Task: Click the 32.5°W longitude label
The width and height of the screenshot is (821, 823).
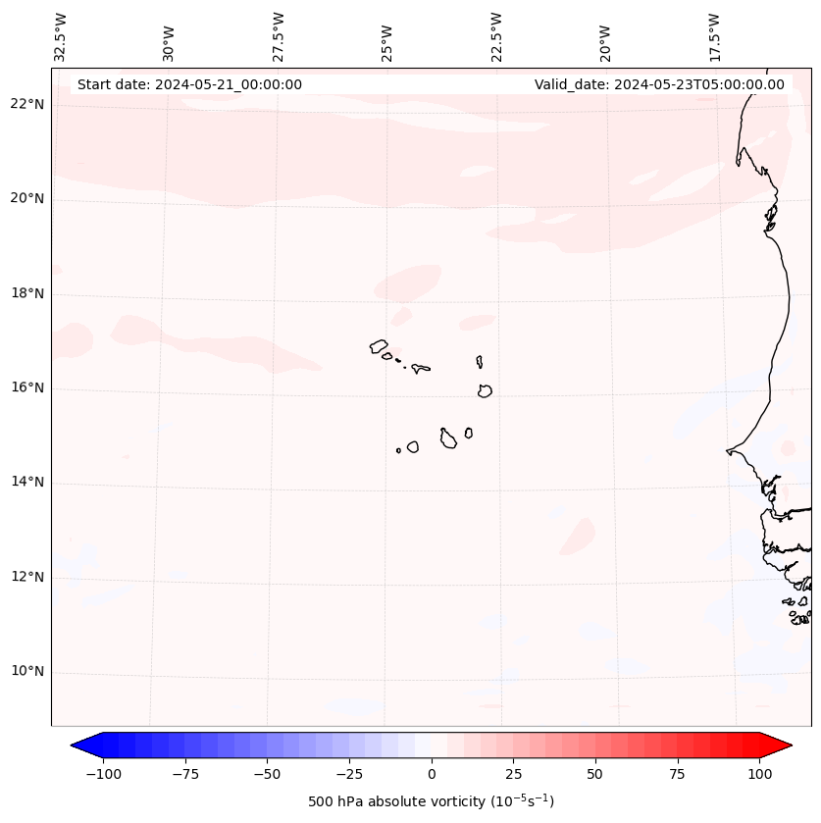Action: [x=62, y=36]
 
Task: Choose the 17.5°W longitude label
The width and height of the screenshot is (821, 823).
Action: [x=714, y=36]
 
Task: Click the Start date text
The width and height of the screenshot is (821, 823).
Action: [x=189, y=84]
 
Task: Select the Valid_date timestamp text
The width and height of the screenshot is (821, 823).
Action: [x=659, y=84]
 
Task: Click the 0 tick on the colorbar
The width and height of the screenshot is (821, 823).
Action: [x=432, y=774]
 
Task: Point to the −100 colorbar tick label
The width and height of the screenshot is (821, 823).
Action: [x=103, y=774]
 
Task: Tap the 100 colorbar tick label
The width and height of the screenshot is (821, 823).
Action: [x=760, y=774]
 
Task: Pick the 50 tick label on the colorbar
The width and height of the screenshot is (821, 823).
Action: [x=595, y=774]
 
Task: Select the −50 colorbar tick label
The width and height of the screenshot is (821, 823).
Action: [x=267, y=774]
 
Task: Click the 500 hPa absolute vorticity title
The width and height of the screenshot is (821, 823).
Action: [x=432, y=801]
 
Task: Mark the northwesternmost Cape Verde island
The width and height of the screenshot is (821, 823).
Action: [x=379, y=346]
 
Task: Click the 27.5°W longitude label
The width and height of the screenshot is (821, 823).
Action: [x=279, y=36]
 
